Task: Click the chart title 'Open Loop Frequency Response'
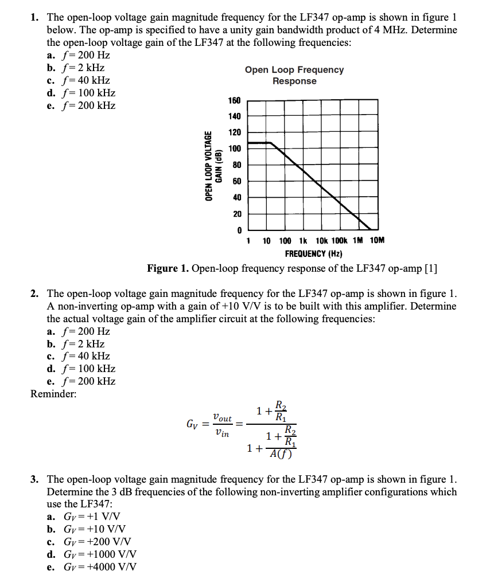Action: click(294, 75)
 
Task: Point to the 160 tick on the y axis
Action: click(234, 100)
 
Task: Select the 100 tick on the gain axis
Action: click(234, 148)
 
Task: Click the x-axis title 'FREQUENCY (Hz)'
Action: click(313, 253)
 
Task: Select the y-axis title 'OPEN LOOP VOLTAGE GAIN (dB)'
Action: click(213, 166)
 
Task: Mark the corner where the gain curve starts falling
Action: click(270, 143)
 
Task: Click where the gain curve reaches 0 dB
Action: click(371, 229)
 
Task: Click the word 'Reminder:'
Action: click(53, 394)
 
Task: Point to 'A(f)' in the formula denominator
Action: click(282, 454)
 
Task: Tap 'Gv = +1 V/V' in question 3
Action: click(91, 517)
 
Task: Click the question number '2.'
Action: click(35, 294)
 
